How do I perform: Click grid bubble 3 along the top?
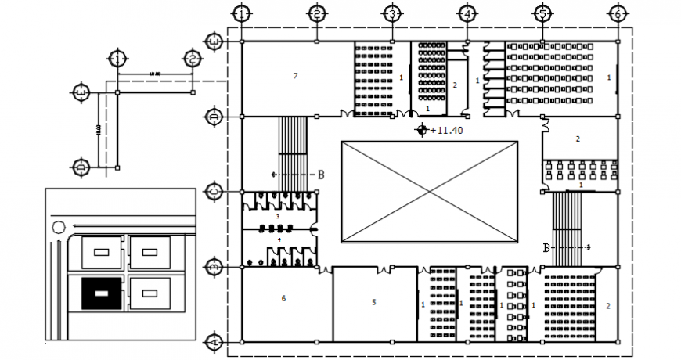pyautogui.click(x=391, y=14)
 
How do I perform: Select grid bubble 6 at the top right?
pyautogui.click(x=617, y=14)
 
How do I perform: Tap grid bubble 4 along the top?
pyautogui.click(x=467, y=14)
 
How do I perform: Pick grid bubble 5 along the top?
pyautogui.click(x=542, y=14)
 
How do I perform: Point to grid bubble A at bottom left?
pyautogui.click(x=213, y=342)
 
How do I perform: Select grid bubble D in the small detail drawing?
pyautogui.click(x=81, y=167)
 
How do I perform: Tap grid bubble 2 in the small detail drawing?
pyautogui.click(x=192, y=59)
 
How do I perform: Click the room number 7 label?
pyautogui.click(x=295, y=76)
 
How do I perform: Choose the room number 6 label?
pyautogui.click(x=283, y=298)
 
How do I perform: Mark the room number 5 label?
pyautogui.click(x=373, y=301)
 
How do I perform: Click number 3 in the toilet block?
pyautogui.click(x=278, y=216)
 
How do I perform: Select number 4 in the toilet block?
pyautogui.click(x=279, y=239)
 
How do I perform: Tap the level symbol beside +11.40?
pyautogui.click(x=423, y=131)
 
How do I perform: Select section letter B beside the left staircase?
pyautogui.click(x=320, y=175)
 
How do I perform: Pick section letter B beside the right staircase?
pyautogui.click(x=546, y=247)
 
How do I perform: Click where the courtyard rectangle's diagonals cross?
pyautogui.click(x=430, y=192)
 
